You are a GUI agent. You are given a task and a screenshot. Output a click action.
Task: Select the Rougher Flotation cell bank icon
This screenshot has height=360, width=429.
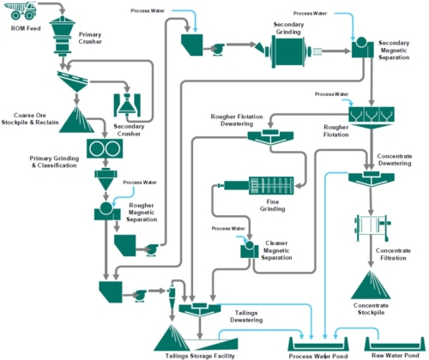click(x=370, y=112)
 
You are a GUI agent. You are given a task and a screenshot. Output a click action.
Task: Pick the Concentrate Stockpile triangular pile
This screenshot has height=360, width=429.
click(x=372, y=283)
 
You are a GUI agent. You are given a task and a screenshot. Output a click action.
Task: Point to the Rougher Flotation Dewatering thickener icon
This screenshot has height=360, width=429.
click(x=268, y=136)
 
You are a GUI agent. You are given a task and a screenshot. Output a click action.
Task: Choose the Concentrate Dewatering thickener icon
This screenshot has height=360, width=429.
click(x=370, y=177)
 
